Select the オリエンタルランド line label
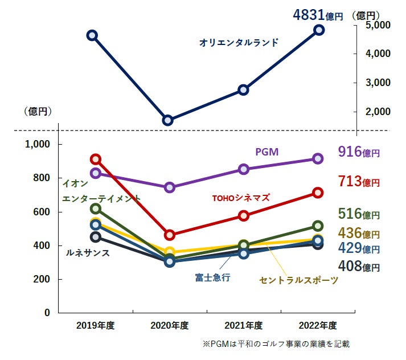pos(239,42)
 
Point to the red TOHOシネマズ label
pos(240,198)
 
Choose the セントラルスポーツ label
pos(298,280)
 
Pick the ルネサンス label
pos(88,252)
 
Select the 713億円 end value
pos(358,182)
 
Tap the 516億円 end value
pos(358,214)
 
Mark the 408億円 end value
pos(358,265)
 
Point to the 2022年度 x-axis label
pos(318,326)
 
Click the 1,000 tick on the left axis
pos(39,144)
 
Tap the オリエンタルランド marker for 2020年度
pos(167,120)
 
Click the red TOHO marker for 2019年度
pos(96,159)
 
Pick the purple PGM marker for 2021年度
pos(243,169)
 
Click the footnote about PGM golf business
pos(276,344)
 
